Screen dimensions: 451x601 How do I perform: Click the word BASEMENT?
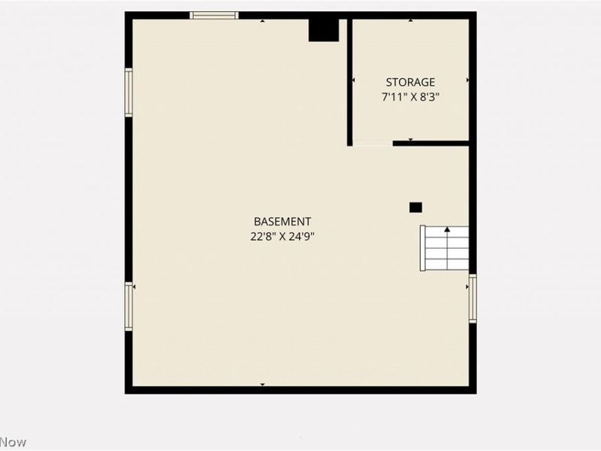(x=282, y=222)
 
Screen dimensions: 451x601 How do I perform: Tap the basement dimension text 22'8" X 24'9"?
(x=282, y=235)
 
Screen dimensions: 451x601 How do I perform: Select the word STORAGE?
(x=410, y=82)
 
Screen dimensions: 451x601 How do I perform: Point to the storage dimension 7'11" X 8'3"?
(x=410, y=96)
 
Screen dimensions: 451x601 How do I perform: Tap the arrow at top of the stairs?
(x=448, y=229)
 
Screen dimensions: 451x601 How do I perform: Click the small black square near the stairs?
(x=415, y=207)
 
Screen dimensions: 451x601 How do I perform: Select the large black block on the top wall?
(x=324, y=30)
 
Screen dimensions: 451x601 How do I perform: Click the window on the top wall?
(x=214, y=15)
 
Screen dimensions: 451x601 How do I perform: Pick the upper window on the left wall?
(x=128, y=92)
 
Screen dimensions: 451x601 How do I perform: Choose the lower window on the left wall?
(x=128, y=307)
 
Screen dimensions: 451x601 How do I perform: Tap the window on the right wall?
(x=473, y=298)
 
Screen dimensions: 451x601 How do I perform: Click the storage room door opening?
(x=373, y=143)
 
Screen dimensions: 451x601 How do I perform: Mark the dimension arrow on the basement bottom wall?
(x=262, y=384)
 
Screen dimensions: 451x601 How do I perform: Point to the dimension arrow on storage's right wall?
(x=467, y=80)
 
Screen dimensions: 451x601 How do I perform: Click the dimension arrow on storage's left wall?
(x=353, y=80)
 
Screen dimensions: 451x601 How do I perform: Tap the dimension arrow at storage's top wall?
(x=410, y=21)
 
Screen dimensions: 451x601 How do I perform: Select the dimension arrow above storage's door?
(x=410, y=139)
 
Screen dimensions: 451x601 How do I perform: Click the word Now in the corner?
(x=13, y=442)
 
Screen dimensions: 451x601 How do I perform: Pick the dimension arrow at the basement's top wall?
(x=262, y=21)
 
